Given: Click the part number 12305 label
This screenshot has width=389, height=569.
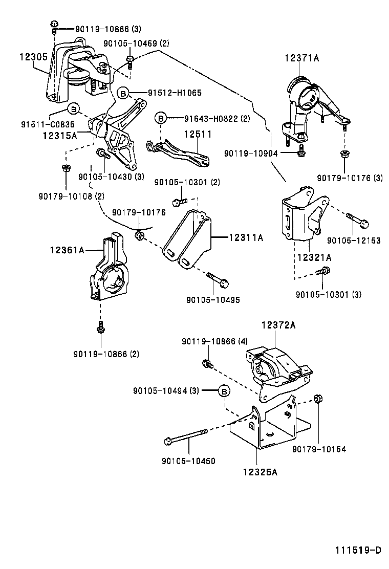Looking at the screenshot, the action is tap(33, 57).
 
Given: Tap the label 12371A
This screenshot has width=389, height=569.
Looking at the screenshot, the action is tap(301, 58).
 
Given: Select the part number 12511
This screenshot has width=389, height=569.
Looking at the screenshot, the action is tap(198, 134).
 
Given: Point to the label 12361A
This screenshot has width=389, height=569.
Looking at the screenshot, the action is tap(67, 250).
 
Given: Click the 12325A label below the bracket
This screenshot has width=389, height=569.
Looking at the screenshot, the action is tap(260, 472).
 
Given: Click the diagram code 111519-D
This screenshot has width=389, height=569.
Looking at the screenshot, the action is tap(358, 550).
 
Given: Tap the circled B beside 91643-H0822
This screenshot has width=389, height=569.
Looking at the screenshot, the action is tap(160, 118).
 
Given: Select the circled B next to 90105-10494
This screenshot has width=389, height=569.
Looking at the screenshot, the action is tap(224, 391).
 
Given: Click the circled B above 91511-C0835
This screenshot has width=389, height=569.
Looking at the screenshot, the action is tap(73, 108).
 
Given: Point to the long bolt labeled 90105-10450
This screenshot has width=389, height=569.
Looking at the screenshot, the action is tap(185, 436).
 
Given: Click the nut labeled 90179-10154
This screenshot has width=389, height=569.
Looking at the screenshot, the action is tap(319, 399).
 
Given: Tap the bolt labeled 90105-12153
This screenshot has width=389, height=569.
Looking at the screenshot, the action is tap(357, 220).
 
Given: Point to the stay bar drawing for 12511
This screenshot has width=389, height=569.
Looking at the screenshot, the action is tap(178, 153).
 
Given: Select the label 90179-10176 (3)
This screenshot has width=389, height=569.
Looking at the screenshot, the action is tap(350, 178).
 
